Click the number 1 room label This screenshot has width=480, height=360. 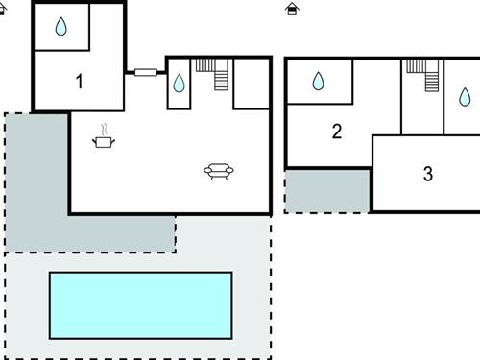pyautogui.click(x=79, y=82)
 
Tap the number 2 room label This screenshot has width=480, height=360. pyautogui.click(x=336, y=132)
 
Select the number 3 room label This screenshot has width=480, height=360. pyautogui.click(x=427, y=175)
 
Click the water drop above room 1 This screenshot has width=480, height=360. pyautogui.click(x=61, y=27)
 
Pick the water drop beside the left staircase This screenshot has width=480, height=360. pyautogui.click(x=179, y=84)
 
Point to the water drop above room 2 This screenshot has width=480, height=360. pyautogui.click(x=318, y=82)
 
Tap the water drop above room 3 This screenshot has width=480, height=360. pyautogui.click(x=465, y=96)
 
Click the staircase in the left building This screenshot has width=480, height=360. pyautogui.click(x=215, y=74)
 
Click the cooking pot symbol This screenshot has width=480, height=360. pyautogui.click(x=103, y=142)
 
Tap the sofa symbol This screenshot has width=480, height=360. pyautogui.click(x=219, y=171)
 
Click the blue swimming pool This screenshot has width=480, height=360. pyautogui.click(x=140, y=304)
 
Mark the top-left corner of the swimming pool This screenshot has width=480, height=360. pyautogui.click(x=51, y=274)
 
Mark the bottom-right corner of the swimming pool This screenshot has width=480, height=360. pyautogui.click(x=231, y=337)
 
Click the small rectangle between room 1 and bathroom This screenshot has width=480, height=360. pyautogui.click(x=146, y=71)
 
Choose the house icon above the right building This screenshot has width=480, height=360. pyautogui.click(x=292, y=9)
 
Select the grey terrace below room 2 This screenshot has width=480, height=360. pyautogui.click(x=327, y=190)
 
